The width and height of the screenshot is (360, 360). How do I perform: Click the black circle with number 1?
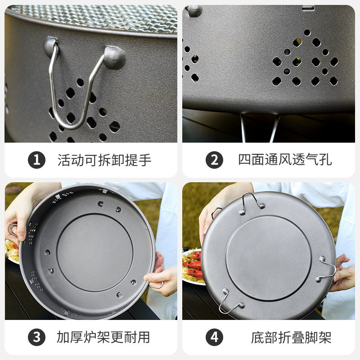pos(36,160)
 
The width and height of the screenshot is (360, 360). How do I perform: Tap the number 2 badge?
pos(215,160)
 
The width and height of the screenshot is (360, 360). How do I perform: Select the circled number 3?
pos(36,337)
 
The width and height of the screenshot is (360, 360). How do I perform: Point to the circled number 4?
pos(215,337)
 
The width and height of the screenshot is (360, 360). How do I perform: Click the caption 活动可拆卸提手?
pos(104,160)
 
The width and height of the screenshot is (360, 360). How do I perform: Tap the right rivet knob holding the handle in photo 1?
pos(115,56)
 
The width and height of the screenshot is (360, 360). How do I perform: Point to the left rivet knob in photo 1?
pos(51,45)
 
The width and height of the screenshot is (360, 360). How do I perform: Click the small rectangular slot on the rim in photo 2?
pos(308,8)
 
